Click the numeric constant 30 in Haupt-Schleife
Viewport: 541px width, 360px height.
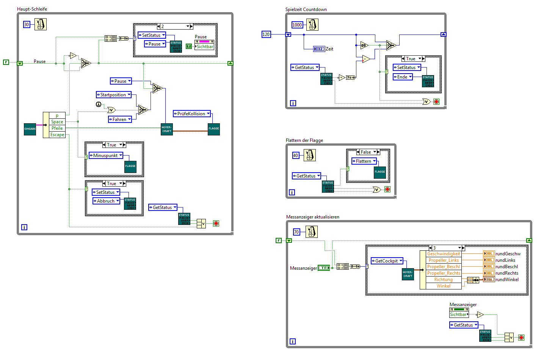pyautogui.click(x=27, y=25)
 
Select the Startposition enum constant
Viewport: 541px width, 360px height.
pyautogui.click(x=113, y=95)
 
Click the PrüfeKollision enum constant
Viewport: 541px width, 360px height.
pyautogui.click(x=191, y=114)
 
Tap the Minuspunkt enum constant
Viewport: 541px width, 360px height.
pyautogui.click(x=106, y=156)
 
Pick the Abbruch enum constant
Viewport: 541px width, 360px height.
pyautogui.click(x=106, y=201)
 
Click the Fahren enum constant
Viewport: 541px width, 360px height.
pyautogui.click(x=120, y=119)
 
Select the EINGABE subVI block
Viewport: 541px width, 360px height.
pyautogui.click(x=30, y=129)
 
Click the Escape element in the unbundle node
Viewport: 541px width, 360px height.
pyautogui.click(x=57, y=135)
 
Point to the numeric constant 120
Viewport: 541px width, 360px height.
pyautogui.click(x=266, y=35)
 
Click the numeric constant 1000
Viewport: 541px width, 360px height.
pyautogui.click(x=297, y=25)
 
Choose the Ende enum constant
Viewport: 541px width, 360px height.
pyautogui.click(x=402, y=77)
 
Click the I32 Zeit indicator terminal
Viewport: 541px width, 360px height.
pyautogui.click(x=319, y=49)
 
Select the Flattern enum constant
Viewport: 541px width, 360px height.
pyautogui.click(x=364, y=161)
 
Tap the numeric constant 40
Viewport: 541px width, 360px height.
pyautogui.click(x=296, y=156)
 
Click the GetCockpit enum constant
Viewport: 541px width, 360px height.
pyautogui.click(x=387, y=261)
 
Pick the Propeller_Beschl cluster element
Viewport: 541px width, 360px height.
pyautogui.click(x=443, y=267)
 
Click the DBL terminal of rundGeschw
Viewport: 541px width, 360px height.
pyautogui.click(x=489, y=254)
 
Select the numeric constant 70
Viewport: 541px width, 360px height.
pyautogui.click(x=296, y=232)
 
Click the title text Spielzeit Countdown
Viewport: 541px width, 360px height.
pyautogui.click(x=306, y=9)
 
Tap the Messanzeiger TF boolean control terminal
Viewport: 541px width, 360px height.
pyautogui.click(x=323, y=268)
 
